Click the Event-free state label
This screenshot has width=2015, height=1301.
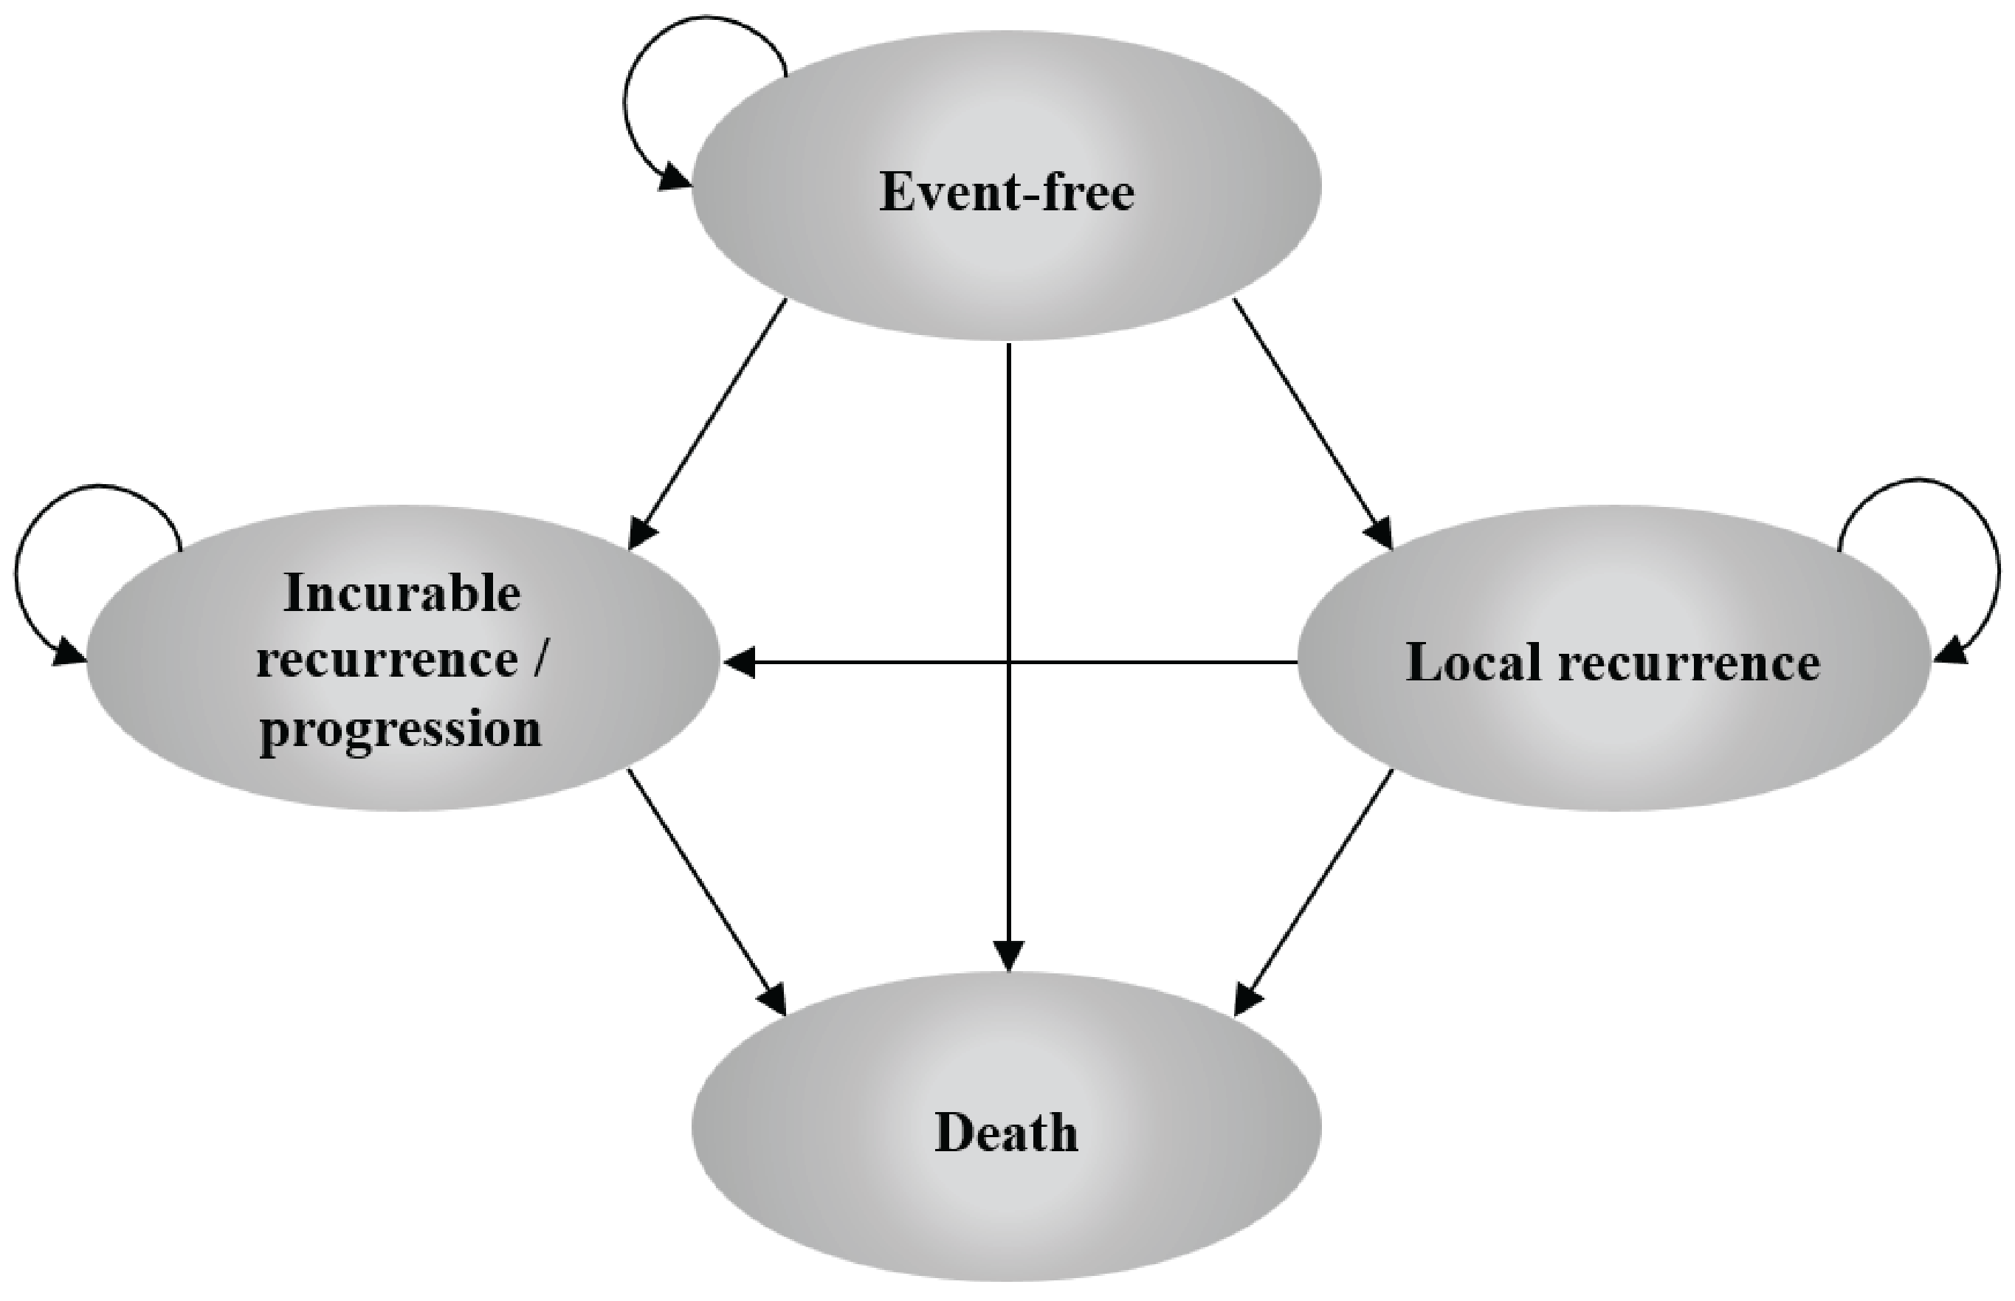[x=1006, y=193]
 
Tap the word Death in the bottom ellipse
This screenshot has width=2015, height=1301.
[x=1006, y=1133]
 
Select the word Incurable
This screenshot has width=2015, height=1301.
[x=402, y=593]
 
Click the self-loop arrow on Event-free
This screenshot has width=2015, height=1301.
[x=642, y=76]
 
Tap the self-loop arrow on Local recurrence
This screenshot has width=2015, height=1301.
[x=1981, y=541]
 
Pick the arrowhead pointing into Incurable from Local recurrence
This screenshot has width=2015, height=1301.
[x=740, y=663]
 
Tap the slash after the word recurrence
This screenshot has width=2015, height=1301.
[x=538, y=660]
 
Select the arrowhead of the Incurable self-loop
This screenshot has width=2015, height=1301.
[x=68, y=652]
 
